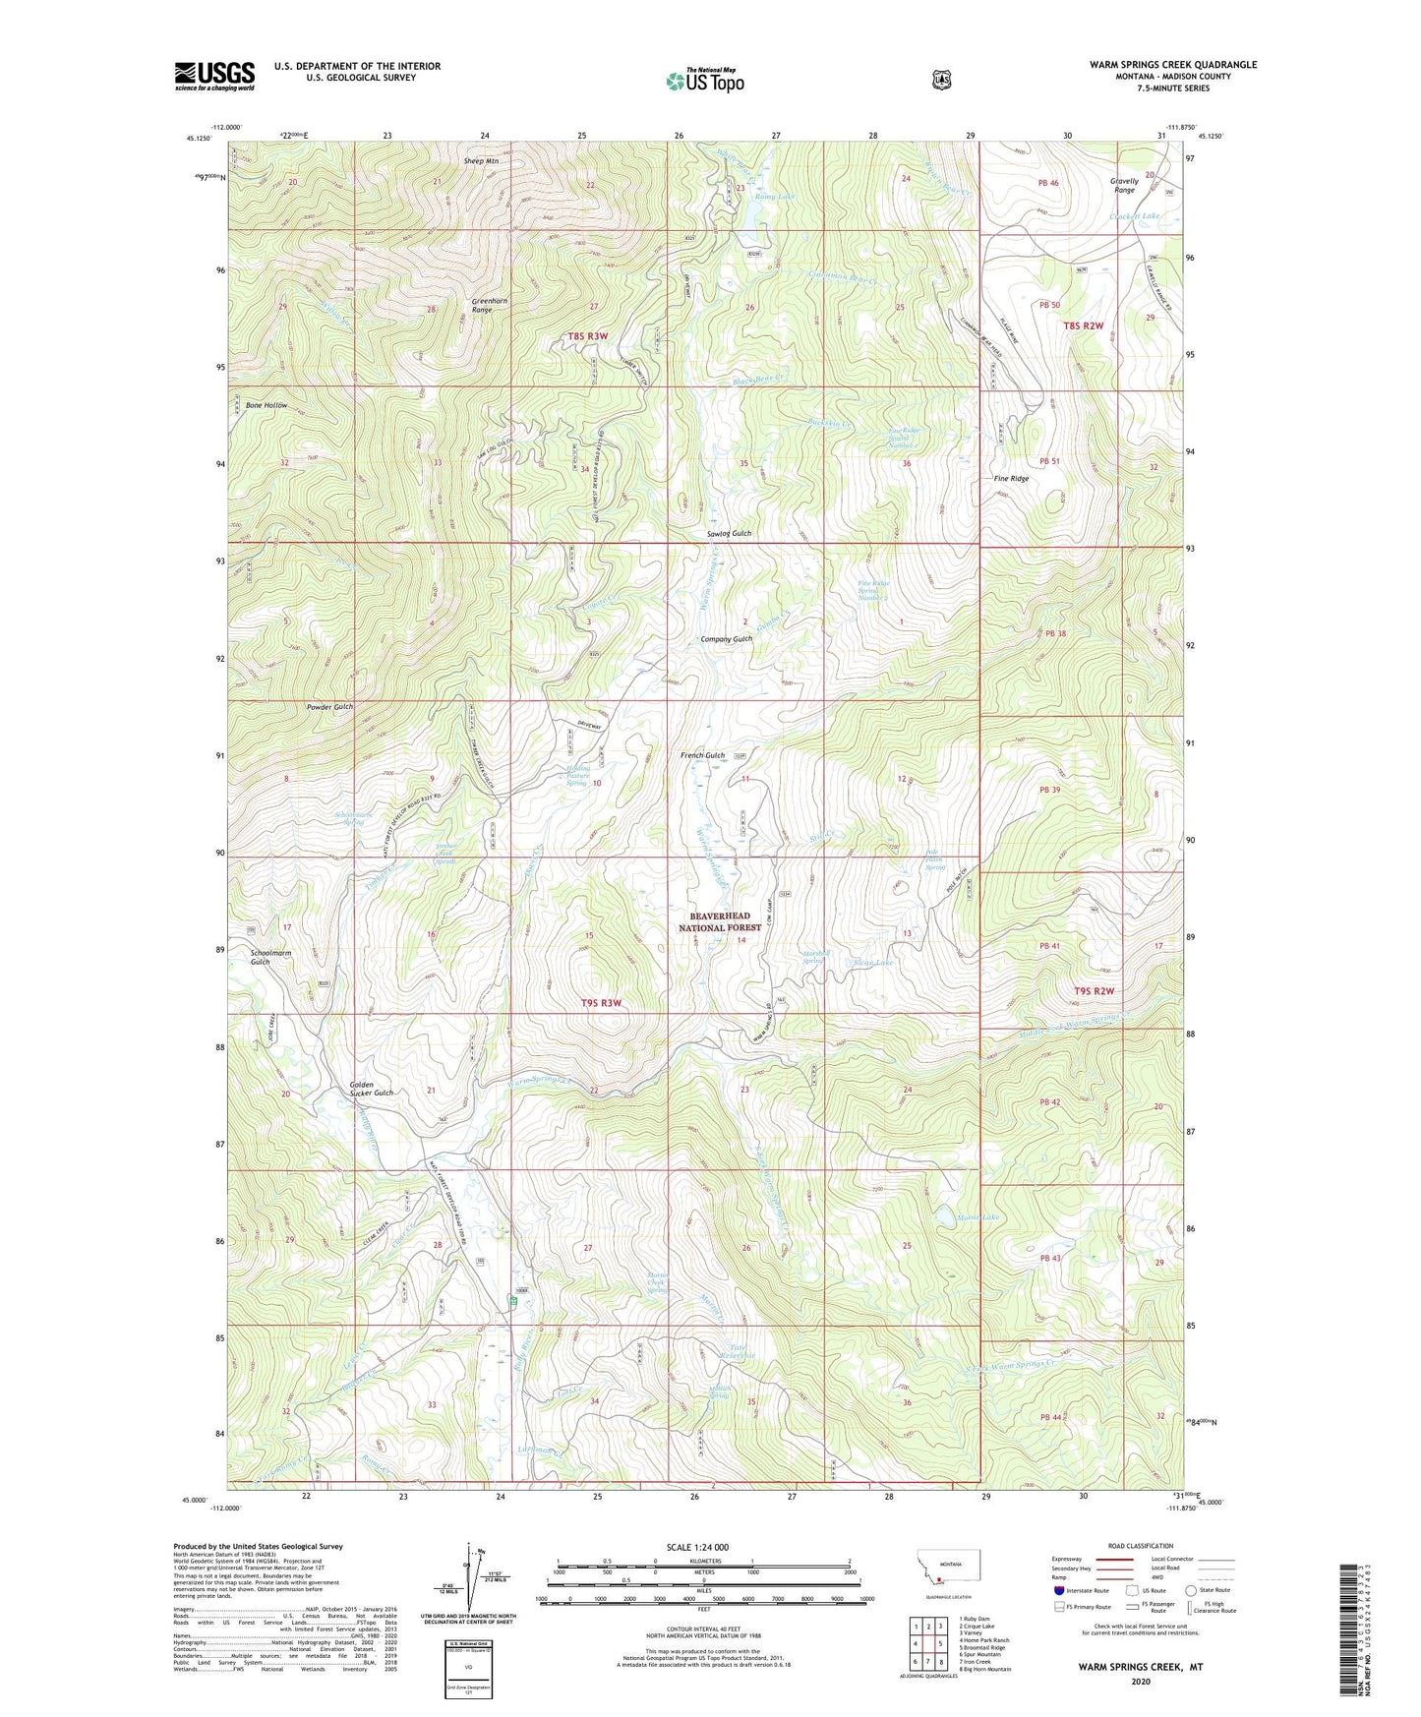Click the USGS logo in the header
pyautogui.click(x=214, y=76)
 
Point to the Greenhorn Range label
pyautogui.click(x=481, y=305)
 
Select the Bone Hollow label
pyautogui.click(x=266, y=405)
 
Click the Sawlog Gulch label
pyautogui.click(x=729, y=533)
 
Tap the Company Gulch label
pyautogui.click(x=726, y=639)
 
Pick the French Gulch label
pyautogui.click(x=702, y=755)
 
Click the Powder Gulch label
pyautogui.click(x=329, y=707)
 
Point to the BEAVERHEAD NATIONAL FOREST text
pyautogui.click(x=721, y=921)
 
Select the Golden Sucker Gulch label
pyautogui.click(x=371, y=1089)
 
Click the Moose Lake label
pyautogui.click(x=977, y=1217)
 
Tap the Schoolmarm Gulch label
pyautogui.click(x=270, y=957)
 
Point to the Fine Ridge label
pyautogui.click(x=1011, y=478)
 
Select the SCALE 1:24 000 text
pyautogui.click(x=704, y=1547)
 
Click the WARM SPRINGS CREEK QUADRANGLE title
pyautogui.click(x=1172, y=65)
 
